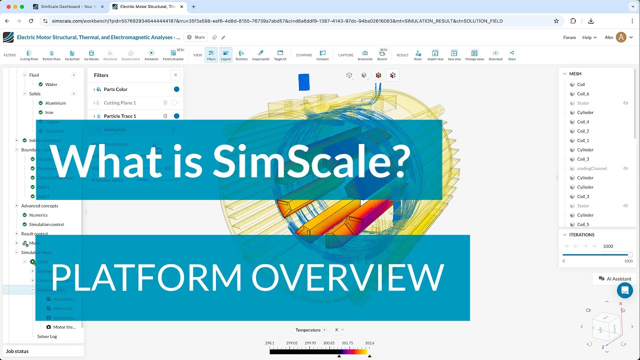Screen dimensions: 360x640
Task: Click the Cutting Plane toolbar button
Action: click(29, 55)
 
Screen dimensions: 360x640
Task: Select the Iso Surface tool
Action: click(72, 55)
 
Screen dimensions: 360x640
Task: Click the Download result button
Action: click(495, 55)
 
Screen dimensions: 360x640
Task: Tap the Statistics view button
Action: click(241, 55)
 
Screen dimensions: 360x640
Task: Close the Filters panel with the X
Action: click(175, 75)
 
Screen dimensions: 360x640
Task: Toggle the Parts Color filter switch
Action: click(175, 89)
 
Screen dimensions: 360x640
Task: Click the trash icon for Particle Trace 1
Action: click(165, 116)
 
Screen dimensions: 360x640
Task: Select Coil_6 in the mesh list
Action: click(583, 94)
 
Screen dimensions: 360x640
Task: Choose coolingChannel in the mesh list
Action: click(591, 168)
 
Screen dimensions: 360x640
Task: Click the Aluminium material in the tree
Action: click(55, 103)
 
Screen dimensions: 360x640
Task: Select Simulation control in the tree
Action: click(46, 224)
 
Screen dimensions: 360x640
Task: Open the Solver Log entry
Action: click(47, 336)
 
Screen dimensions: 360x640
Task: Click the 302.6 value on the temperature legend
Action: click(369, 343)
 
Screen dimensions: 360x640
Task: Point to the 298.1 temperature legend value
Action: click(269, 343)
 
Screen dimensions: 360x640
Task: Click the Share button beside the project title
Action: click(196, 37)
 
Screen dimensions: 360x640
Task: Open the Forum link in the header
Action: click(569, 37)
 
